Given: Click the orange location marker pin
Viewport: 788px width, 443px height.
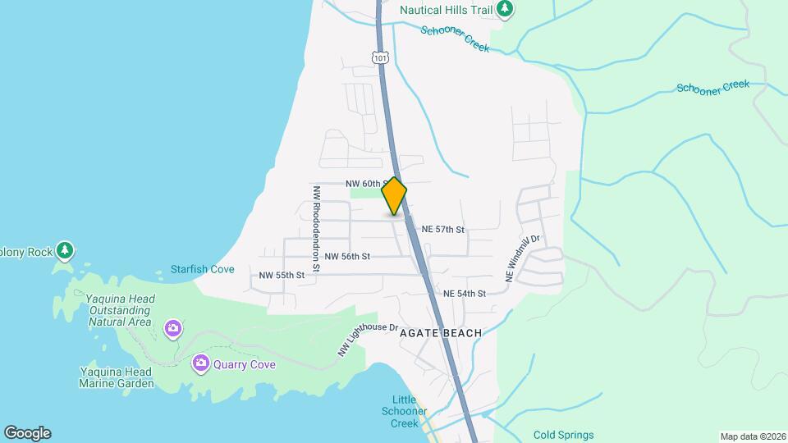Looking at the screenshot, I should pos(394,196).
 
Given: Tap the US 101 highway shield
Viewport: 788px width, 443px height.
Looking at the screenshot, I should pos(379,57).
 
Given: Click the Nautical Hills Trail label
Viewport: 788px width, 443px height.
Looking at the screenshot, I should pos(446,10).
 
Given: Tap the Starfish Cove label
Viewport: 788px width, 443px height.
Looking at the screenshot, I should pos(202,269).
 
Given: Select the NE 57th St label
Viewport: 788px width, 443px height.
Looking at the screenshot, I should pos(443,230).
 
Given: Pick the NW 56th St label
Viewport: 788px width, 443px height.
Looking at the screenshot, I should pos(347,257).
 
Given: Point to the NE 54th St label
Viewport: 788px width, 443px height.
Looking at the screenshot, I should pos(465,293).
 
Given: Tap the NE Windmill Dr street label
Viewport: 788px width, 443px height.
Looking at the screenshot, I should pos(523,260).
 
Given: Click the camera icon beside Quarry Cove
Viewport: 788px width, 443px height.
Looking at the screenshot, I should pos(200,363).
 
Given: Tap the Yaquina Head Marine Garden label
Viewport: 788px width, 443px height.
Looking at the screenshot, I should pos(117,377).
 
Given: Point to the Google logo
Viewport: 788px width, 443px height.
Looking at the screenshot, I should pos(27,433).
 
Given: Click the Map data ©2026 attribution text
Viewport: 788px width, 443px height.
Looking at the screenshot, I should pos(752,436).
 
